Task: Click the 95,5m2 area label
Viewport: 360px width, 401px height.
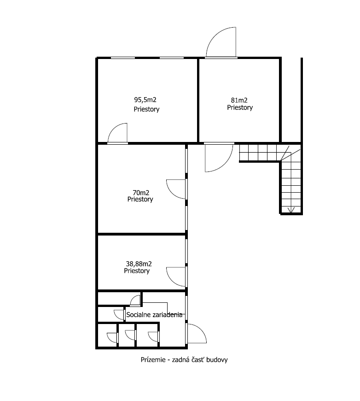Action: [145, 100]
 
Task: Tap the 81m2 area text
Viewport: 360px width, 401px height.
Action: [239, 100]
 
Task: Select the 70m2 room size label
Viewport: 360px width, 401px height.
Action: [141, 193]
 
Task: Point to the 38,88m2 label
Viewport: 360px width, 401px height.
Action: [139, 264]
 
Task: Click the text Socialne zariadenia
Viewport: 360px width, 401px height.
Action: [154, 315]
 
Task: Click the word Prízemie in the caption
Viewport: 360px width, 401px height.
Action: [153, 360]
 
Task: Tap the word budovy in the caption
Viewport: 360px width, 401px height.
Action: [217, 360]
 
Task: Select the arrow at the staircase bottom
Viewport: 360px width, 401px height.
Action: [291, 210]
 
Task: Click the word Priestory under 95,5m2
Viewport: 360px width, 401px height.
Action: [146, 109]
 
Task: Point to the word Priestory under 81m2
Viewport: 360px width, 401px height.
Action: [240, 107]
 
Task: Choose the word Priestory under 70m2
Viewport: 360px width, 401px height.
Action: [140, 199]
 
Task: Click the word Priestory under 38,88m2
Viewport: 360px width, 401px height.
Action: [137, 271]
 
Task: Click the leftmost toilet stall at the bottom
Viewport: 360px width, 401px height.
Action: [107, 335]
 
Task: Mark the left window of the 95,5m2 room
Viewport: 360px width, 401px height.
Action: [123, 58]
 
